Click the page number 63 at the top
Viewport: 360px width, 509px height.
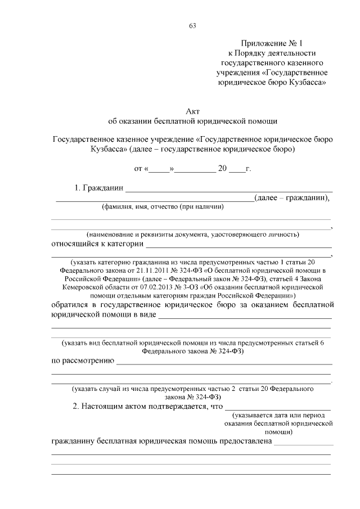[192, 25]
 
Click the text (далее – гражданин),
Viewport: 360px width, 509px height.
[292, 197]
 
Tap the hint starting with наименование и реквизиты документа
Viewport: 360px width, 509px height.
[192, 234]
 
